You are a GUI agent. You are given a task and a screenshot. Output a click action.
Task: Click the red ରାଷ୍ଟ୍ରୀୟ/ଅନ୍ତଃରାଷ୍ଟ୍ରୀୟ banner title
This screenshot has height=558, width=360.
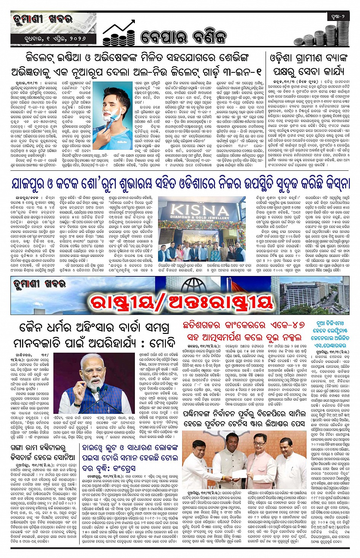181,303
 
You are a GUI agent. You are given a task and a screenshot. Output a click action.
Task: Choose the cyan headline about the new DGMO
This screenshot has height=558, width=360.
330,334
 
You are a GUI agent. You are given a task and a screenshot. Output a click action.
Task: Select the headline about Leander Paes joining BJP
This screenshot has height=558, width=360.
244,418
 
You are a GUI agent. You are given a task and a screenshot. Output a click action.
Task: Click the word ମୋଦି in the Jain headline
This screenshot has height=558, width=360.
162,343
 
